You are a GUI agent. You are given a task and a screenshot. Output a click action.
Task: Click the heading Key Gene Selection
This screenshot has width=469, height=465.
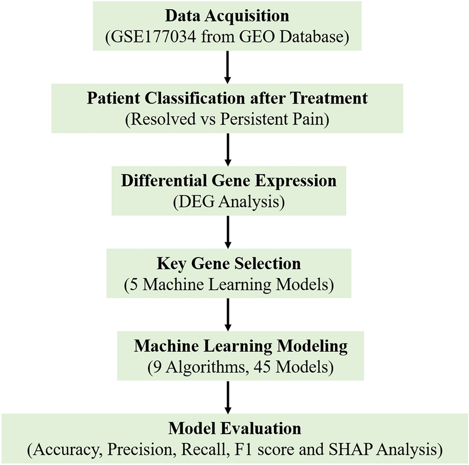point(228,264)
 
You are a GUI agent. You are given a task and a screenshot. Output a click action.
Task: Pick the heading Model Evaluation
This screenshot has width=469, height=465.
point(234,429)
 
